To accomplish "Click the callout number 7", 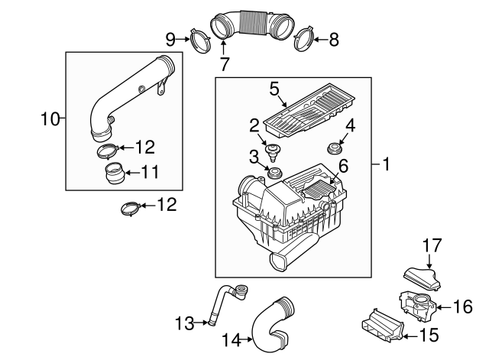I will [224, 64].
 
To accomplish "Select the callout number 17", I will [432, 245].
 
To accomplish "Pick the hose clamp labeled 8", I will [304, 38].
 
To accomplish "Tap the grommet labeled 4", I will [333, 148].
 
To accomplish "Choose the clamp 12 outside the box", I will [131, 206].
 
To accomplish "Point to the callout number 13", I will [183, 324].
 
